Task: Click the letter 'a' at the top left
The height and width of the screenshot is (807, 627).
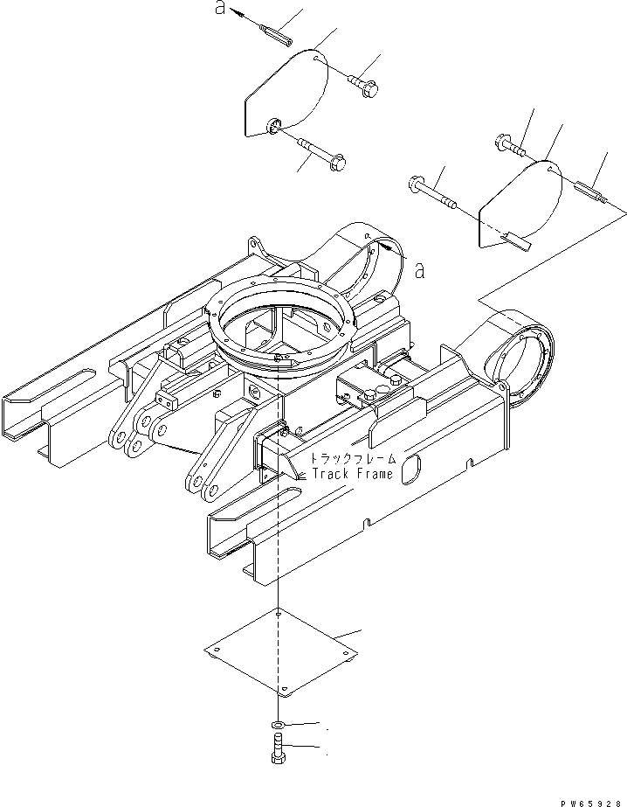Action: click(x=220, y=10)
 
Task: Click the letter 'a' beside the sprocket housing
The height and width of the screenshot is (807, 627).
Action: click(x=420, y=271)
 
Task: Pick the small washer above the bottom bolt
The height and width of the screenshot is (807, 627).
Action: click(x=277, y=725)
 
